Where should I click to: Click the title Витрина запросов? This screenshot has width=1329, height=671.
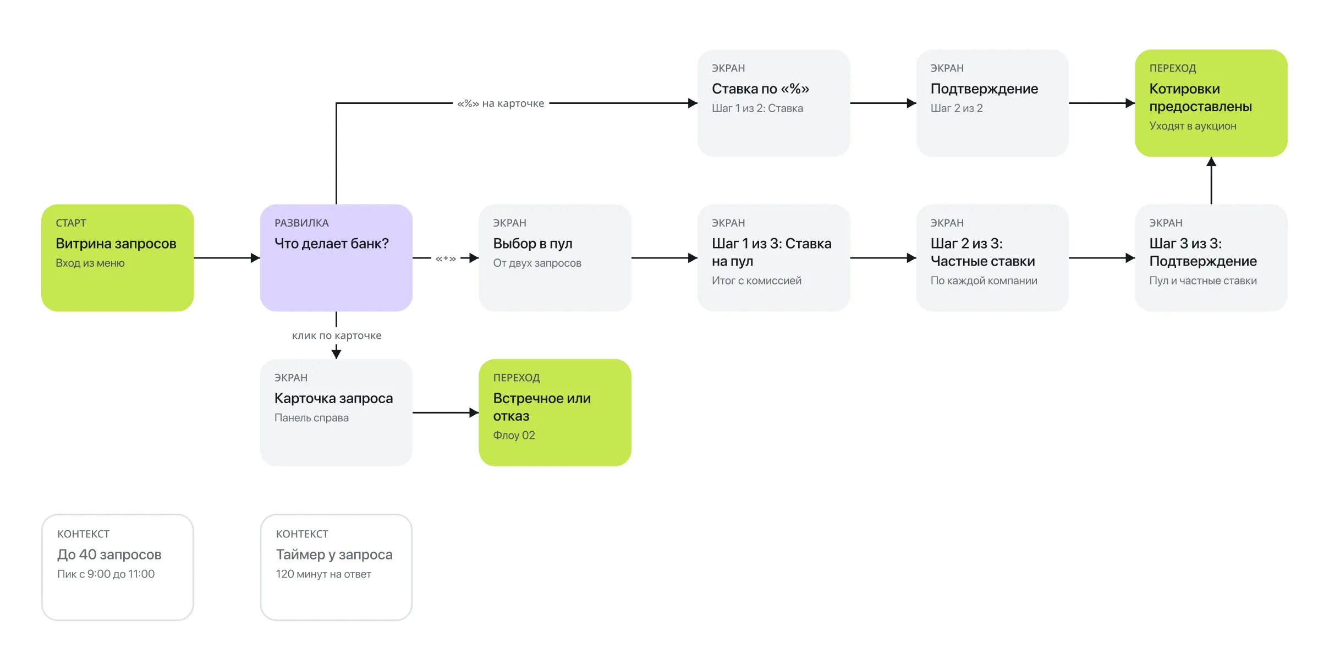116,244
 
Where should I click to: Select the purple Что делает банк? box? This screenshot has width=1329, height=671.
336,257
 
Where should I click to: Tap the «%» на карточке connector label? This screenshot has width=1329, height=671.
501,103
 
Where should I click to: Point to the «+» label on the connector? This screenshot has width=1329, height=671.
446,258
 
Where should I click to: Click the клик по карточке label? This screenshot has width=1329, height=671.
337,335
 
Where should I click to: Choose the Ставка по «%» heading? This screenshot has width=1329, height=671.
760,89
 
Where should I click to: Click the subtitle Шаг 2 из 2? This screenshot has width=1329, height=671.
957,108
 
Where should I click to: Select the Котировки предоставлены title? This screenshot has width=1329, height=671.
1201,97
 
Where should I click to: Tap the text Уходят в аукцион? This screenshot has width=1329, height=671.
1193,126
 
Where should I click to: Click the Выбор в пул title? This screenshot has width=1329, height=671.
532,244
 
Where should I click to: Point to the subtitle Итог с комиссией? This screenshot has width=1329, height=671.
756,280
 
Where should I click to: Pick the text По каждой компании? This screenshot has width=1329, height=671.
984,280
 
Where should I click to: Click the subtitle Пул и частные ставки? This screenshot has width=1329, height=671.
1203,280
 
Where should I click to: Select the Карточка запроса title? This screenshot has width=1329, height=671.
333,398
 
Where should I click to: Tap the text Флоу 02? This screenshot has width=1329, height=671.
514,435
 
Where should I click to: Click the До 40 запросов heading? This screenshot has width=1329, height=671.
109,554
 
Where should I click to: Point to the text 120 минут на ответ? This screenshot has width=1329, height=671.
323,574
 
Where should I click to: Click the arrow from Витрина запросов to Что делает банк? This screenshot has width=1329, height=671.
227,258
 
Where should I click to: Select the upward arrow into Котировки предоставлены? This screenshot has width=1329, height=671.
1211,180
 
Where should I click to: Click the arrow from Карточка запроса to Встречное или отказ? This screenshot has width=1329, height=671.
446,413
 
